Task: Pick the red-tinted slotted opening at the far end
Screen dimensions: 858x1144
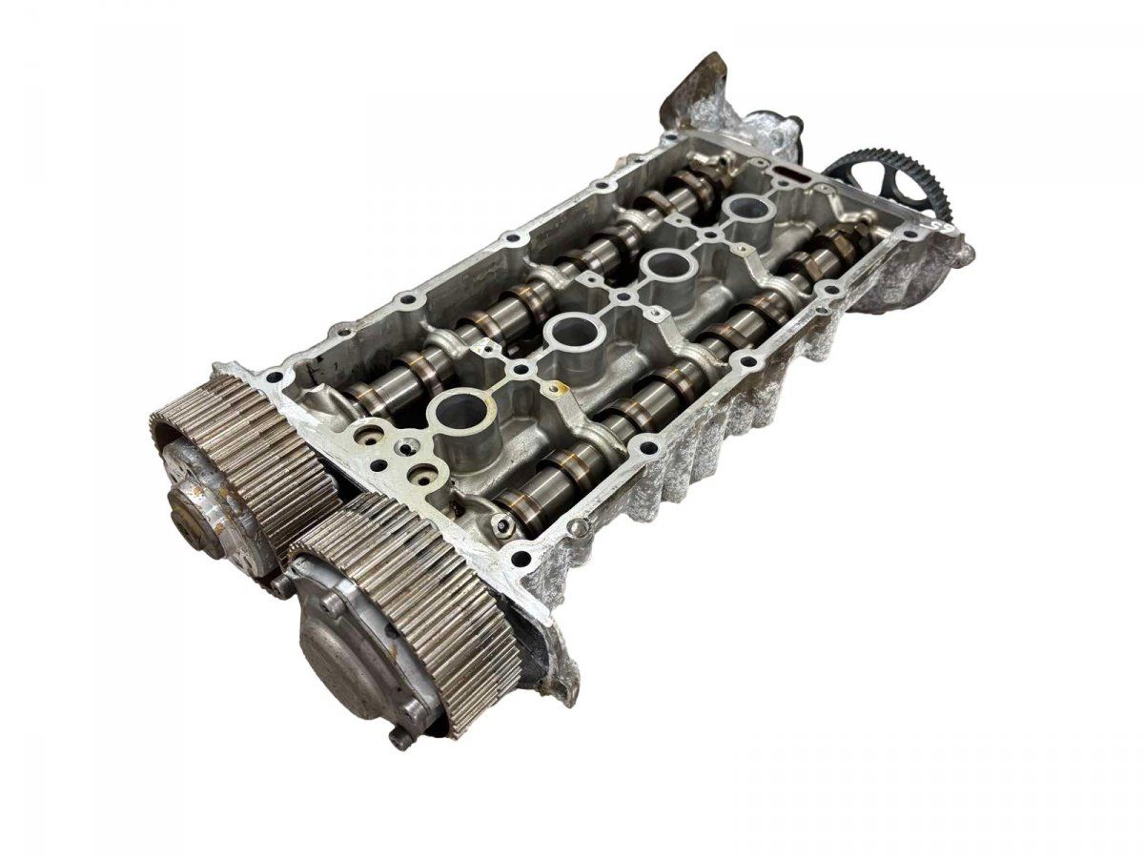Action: point(786,175)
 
